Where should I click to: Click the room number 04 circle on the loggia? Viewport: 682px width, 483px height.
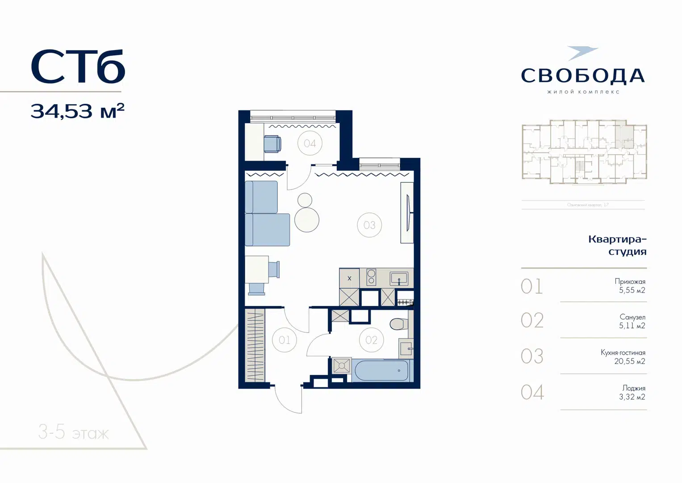pos(310,143)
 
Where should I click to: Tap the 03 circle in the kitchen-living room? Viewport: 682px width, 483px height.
pos(369,225)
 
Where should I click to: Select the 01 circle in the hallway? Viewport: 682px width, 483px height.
pos(285,340)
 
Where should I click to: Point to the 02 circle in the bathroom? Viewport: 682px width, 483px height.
pos(371,340)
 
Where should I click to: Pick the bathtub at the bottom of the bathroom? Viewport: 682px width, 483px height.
pos(381,371)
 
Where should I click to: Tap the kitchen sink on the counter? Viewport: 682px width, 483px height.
pos(399,278)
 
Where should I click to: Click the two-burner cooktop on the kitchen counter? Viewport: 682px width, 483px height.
pos(371,277)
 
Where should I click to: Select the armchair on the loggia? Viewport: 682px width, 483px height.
pos(272,144)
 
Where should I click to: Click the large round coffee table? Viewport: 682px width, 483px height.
pos(307,220)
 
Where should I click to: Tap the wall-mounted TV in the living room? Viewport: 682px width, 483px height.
pos(408,212)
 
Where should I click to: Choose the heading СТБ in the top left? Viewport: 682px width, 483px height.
pos(78,67)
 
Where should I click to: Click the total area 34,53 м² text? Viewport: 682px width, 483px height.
pos(77,111)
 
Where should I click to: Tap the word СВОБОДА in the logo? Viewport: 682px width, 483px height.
pos(583,76)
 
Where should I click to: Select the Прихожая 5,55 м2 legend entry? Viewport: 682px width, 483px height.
pos(630,286)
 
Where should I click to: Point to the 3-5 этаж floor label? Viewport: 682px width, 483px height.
pos(74,432)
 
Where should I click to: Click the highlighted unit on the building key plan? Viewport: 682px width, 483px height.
pos(624,135)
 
